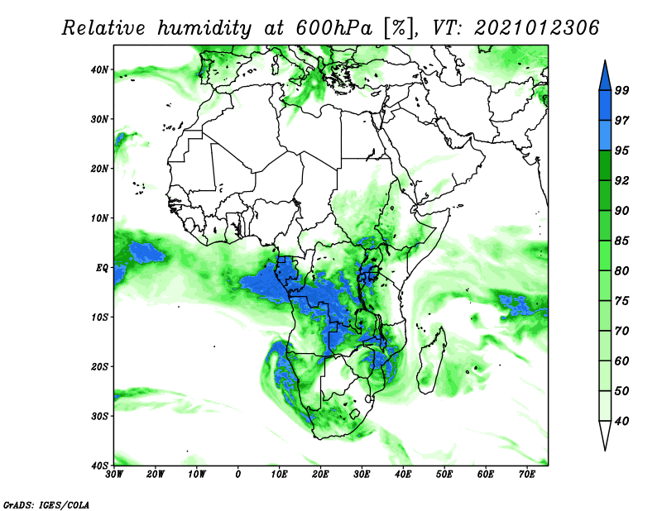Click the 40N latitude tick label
pos(99,69)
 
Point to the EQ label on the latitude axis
pos(101,268)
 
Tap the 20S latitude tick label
pos(99,366)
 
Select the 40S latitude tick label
pos(99,466)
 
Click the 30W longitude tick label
pos(114,475)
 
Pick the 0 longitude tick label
pos(238,475)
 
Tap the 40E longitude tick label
pos(403,475)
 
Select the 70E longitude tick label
pos(527,475)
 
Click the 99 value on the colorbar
pos(622,89)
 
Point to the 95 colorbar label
pos(622,150)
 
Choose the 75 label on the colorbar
pos(622,301)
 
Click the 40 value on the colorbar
pos(622,421)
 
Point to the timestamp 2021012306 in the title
pos(536,28)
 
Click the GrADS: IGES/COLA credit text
pos(46,504)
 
